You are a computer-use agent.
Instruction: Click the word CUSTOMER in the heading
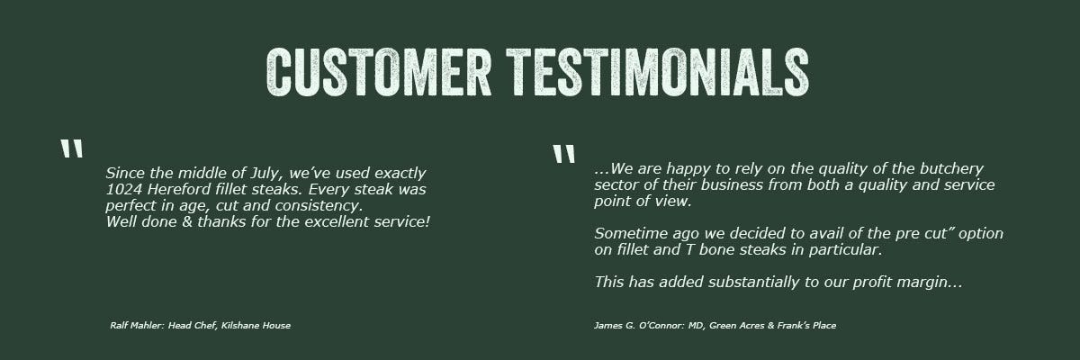tap(379, 72)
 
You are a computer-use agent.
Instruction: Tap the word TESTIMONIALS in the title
tap(658, 72)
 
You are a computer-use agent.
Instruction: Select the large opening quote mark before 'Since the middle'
tap(72, 148)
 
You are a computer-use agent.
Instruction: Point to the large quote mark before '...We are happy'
tap(563, 154)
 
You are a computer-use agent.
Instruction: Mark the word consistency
tap(319, 206)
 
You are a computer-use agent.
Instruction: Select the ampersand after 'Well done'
tap(187, 222)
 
